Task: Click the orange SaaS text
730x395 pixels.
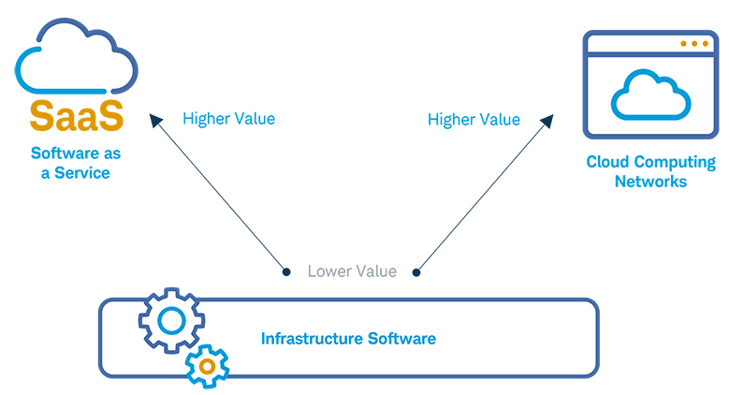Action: pos(76,116)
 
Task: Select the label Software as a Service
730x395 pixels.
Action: pos(76,163)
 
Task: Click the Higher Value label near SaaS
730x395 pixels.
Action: pos(228,119)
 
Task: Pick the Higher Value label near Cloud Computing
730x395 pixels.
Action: pos(474,119)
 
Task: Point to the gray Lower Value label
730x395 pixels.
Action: pos(352,271)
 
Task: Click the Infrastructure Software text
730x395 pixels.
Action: pos(348,338)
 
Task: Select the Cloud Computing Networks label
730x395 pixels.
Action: pos(650,171)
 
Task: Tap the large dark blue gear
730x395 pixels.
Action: pos(171,321)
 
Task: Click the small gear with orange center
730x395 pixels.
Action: pos(207,365)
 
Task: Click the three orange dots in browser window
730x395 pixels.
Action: pos(693,44)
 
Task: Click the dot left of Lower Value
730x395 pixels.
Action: pos(286,272)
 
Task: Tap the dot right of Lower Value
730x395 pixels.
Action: pos(416,272)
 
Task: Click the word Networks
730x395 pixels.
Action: pos(650,181)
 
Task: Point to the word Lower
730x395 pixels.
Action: pos(328,271)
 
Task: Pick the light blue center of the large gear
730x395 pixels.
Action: pos(171,321)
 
